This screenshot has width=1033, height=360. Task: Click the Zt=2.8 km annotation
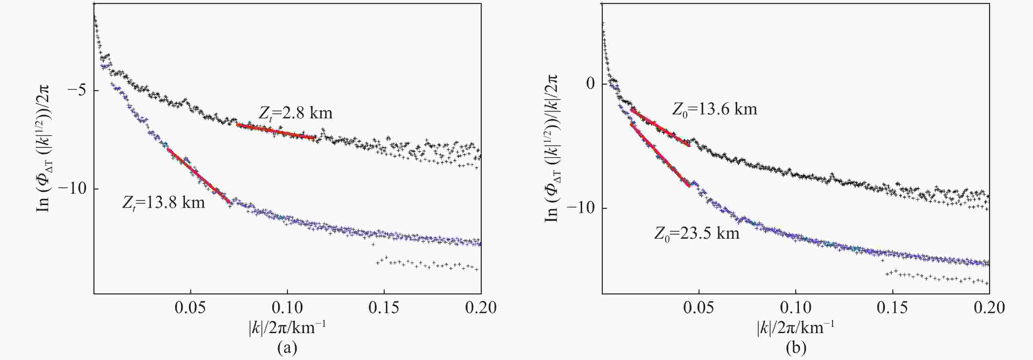tap(295, 113)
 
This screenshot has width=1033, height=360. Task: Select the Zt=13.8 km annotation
tap(164, 202)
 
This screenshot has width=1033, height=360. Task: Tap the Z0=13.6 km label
tap(715, 109)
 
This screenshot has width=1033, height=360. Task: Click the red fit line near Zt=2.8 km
tap(275, 131)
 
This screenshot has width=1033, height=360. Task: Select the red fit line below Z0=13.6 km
tap(660, 127)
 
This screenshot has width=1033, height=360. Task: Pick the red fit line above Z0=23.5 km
tap(660, 155)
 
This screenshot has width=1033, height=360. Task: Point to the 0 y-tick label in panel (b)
tap(590, 84)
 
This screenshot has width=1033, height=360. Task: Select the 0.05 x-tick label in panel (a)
tap(191, 308)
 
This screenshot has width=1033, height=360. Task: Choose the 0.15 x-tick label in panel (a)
tap(384, 308)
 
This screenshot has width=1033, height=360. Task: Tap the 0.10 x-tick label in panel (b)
tap(796, 308)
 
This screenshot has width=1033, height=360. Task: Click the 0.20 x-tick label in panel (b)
tap(989, 308)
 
